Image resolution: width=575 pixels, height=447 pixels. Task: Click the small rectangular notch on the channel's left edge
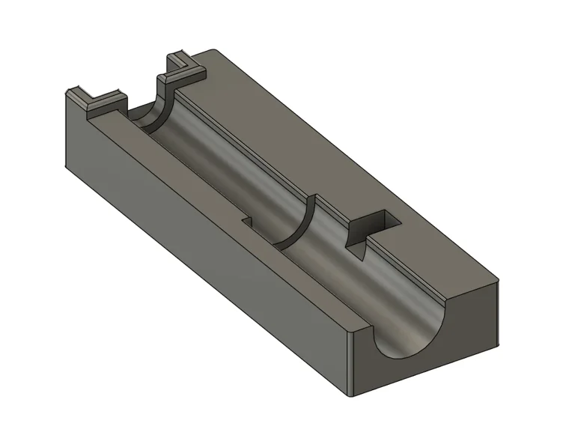247,222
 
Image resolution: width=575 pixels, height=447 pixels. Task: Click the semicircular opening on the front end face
412,341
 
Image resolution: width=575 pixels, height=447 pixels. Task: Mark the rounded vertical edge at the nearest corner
349,359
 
